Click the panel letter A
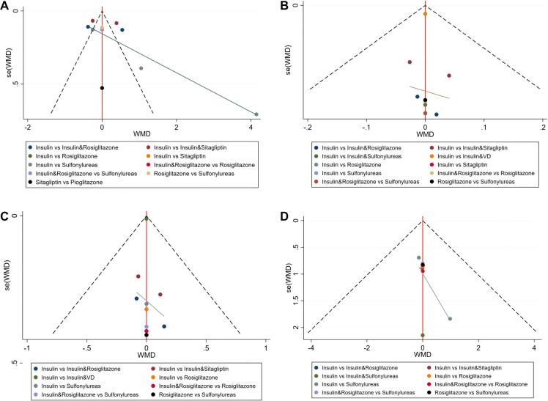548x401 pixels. [x=6, y=7]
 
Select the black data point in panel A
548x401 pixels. [x=102, y=88]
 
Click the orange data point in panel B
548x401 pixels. [x=426, y=13]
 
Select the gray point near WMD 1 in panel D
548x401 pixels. [x=450, y=318]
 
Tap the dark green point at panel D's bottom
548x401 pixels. [x=423, y=335]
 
